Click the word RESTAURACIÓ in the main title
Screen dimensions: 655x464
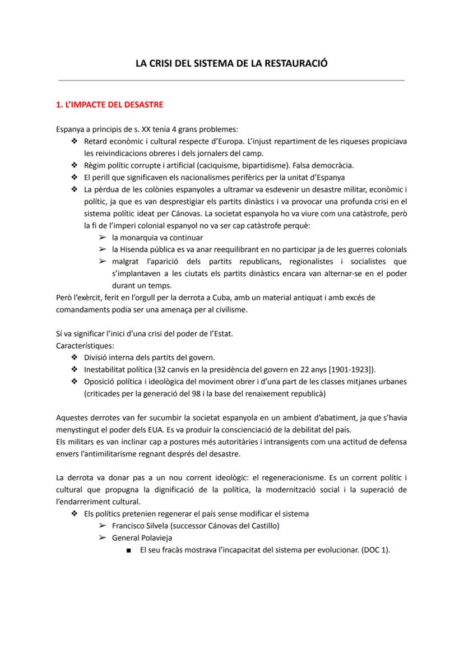[298, 64]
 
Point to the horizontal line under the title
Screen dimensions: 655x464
[231, 81]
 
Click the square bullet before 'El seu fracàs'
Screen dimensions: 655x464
[129, 550]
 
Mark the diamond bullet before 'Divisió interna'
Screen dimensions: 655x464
[74, 357]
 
